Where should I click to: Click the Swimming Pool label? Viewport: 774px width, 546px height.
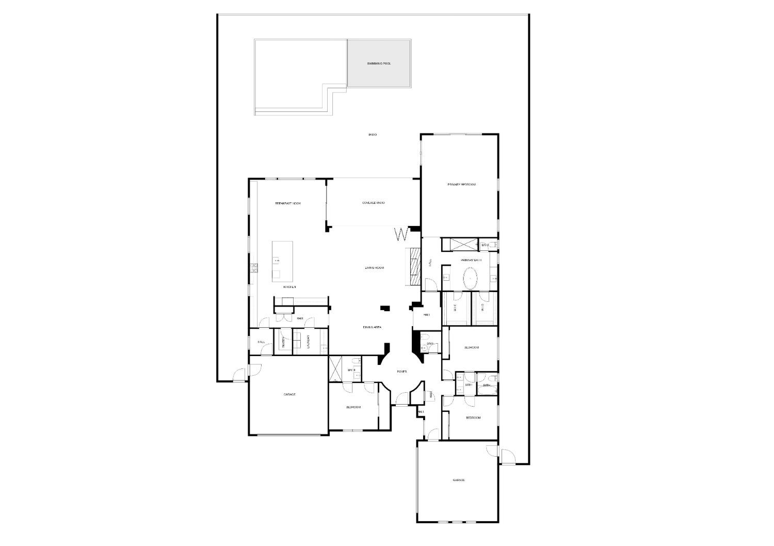click(x=379, y=63)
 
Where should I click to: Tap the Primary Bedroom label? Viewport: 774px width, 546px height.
click(x=461, y=185)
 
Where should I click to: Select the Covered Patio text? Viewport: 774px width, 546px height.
click(x=374, y=203)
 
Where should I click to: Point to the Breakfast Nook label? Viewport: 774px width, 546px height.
click(x=287, y=204)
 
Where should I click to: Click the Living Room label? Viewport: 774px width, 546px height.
click(x=375, y=268)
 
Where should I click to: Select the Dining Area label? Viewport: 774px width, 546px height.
click(x=372, y=327)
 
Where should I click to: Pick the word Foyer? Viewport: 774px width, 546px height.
click(x=402, y=372)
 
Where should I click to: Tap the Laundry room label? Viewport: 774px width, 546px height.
click(x=308, y=343)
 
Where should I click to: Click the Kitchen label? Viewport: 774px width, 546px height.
click(x=289, y=287)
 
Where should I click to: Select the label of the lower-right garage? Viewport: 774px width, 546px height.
click(x=459, y=480)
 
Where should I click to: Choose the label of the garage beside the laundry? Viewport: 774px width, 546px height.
click(x=289, y=394)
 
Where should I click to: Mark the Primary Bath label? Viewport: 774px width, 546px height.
click(x=471, y=260)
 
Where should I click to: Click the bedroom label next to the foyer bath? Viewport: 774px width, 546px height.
click(x=353, y=408)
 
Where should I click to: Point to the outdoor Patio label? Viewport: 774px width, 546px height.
click(x=373, y=135)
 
